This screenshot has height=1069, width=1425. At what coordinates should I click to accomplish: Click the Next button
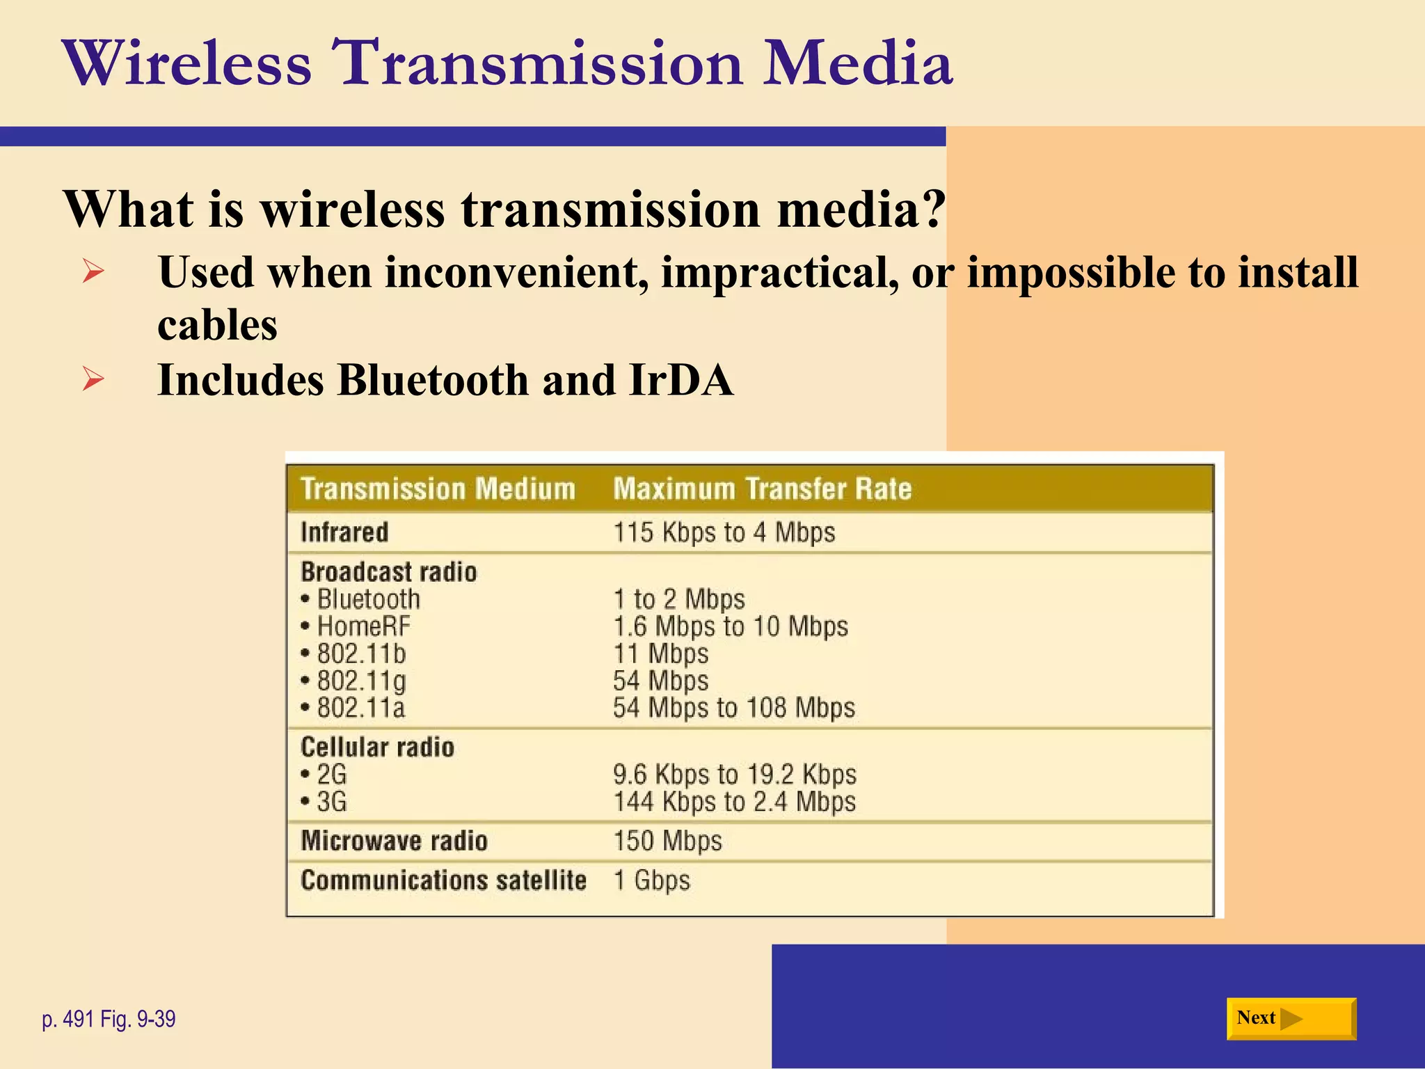pos(1291,1018)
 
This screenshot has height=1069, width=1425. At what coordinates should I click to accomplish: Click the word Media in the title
pos(857,64)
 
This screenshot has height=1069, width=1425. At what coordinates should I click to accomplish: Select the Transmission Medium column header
pos(438,489)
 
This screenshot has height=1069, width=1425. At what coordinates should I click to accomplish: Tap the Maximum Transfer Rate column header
pos(762,489)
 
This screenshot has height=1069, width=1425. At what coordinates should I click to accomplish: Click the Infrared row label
pos(344,532)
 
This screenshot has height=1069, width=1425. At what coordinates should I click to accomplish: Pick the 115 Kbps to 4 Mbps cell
pos(724,532)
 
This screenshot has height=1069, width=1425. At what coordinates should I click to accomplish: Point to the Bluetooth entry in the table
pos(368,599)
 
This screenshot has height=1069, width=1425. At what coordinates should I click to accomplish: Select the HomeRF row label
pos(363,626)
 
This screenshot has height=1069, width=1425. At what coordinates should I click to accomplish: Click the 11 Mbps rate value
pos(660,654)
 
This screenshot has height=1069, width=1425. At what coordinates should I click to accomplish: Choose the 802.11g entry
pos(361,681)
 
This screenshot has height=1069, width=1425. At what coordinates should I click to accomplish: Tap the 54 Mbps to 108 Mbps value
pos(733,708)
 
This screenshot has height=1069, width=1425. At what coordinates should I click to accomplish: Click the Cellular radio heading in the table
pos(377,747)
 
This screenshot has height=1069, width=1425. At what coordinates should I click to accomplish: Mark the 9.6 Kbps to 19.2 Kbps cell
pos(734,774)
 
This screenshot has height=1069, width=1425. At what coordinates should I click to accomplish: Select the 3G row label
pos(331,802)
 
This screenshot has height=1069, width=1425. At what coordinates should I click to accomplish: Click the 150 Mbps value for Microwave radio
pos(667,841)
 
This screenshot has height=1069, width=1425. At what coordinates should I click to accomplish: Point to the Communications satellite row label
pos(443,880)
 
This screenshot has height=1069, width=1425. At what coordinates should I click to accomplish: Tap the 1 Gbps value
pos(651,880)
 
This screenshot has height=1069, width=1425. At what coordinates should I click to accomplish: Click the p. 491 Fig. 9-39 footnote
pos(109,1019)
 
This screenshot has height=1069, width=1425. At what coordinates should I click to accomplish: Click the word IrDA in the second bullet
pos(680,380)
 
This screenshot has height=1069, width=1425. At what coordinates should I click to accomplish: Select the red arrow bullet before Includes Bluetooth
pos(93,379)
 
